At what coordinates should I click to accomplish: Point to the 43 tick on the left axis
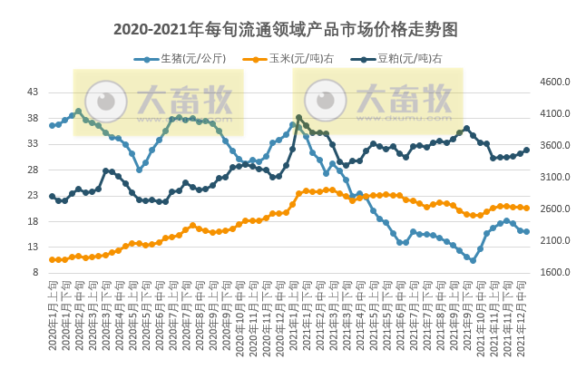[33, 92]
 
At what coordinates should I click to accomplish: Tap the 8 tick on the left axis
[35, 272]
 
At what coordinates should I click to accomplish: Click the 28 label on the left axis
[33, 170]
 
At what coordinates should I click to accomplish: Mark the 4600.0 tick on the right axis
[553, 83]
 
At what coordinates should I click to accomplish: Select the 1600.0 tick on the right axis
[553, 272]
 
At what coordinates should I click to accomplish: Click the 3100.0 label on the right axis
[553, 177]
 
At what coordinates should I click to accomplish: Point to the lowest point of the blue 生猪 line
[473, 261]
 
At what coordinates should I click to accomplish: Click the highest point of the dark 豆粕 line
[299, 118]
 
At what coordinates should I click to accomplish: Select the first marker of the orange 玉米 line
[52, 259]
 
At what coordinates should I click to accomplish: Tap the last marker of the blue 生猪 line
[526, 231]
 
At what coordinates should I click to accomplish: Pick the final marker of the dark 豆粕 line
[526, 151]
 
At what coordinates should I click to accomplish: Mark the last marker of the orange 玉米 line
[526, 208]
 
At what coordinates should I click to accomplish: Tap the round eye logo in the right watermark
[325, 100]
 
